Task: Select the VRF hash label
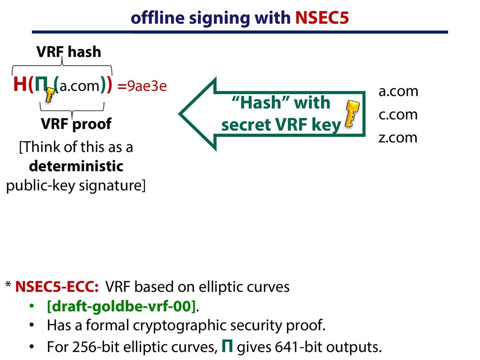tap(69, 52)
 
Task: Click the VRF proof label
tap(76, 124)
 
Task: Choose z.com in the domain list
tap(397, 138)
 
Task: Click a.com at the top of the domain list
tap(398, 91)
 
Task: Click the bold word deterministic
tap(76, 166)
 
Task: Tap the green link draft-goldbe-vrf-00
tap(121, 307)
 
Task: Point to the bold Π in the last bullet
tap(226, 346)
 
